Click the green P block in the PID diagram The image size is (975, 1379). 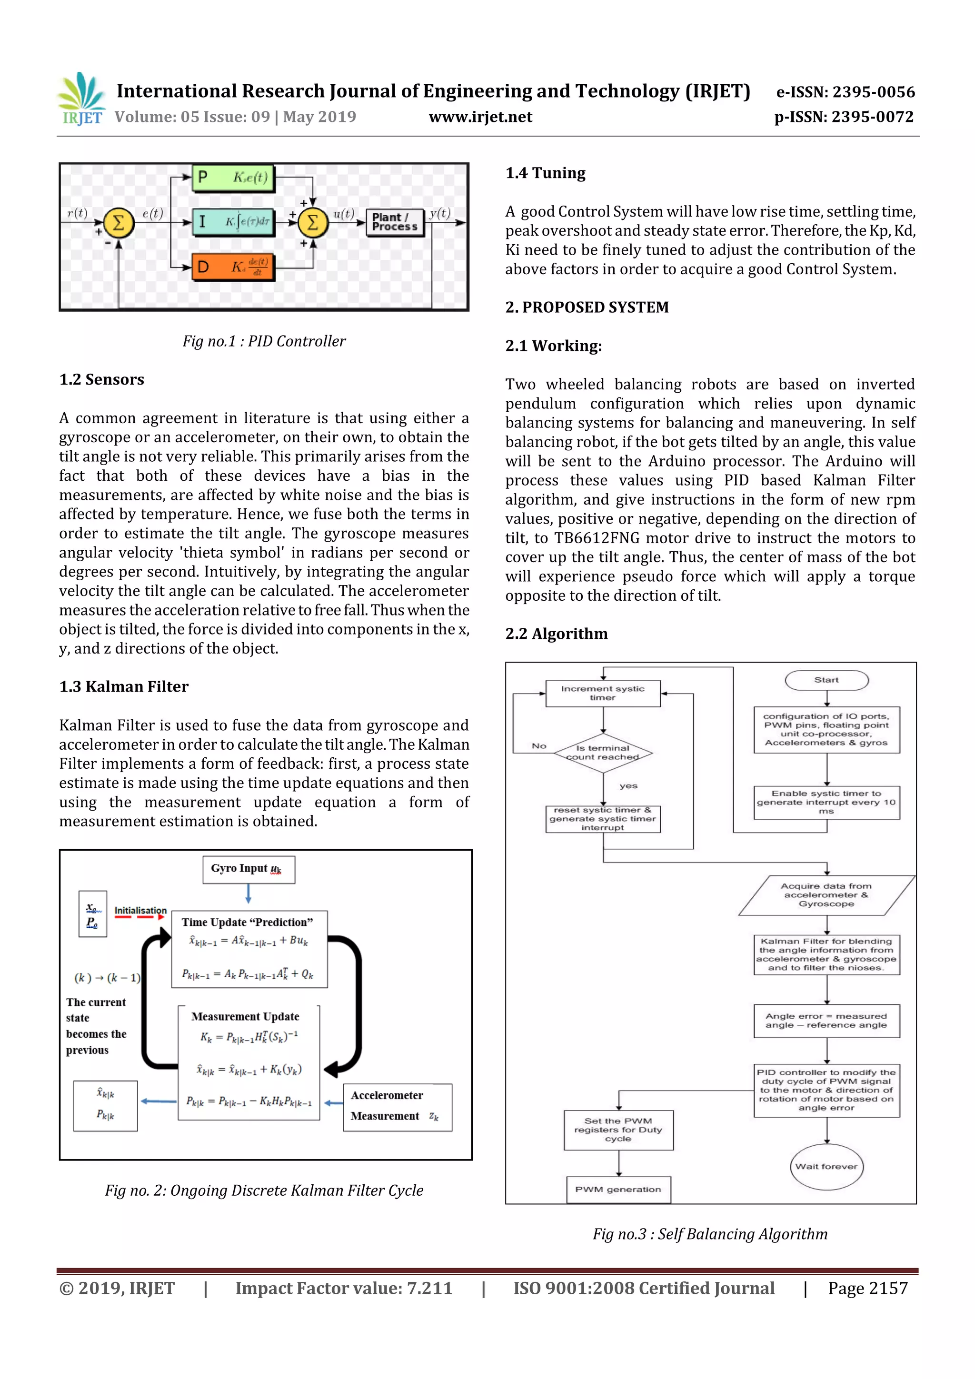coord(232,178)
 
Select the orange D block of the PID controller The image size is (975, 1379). coord(232,267)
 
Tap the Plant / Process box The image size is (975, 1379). coord(395,222)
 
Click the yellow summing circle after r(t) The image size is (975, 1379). coord(119,223)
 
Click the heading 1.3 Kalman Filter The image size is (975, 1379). coord(124,686)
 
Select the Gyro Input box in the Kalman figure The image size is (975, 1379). coord(248,869)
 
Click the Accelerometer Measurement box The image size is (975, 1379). coord(397,1107)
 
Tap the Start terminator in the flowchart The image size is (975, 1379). coord(826,680)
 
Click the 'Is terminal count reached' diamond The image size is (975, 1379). coord(603,753)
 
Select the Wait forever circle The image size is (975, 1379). coord(826,1166)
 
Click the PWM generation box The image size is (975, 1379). coord(618,1189)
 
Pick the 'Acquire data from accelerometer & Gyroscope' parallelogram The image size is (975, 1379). coord(826,895)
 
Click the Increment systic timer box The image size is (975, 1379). coord(603,693)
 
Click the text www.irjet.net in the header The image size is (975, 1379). coord(480,117)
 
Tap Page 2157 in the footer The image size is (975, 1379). coord(867,1288)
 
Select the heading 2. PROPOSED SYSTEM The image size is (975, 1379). coord(587,308)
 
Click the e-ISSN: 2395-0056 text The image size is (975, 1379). coord(845,92)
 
